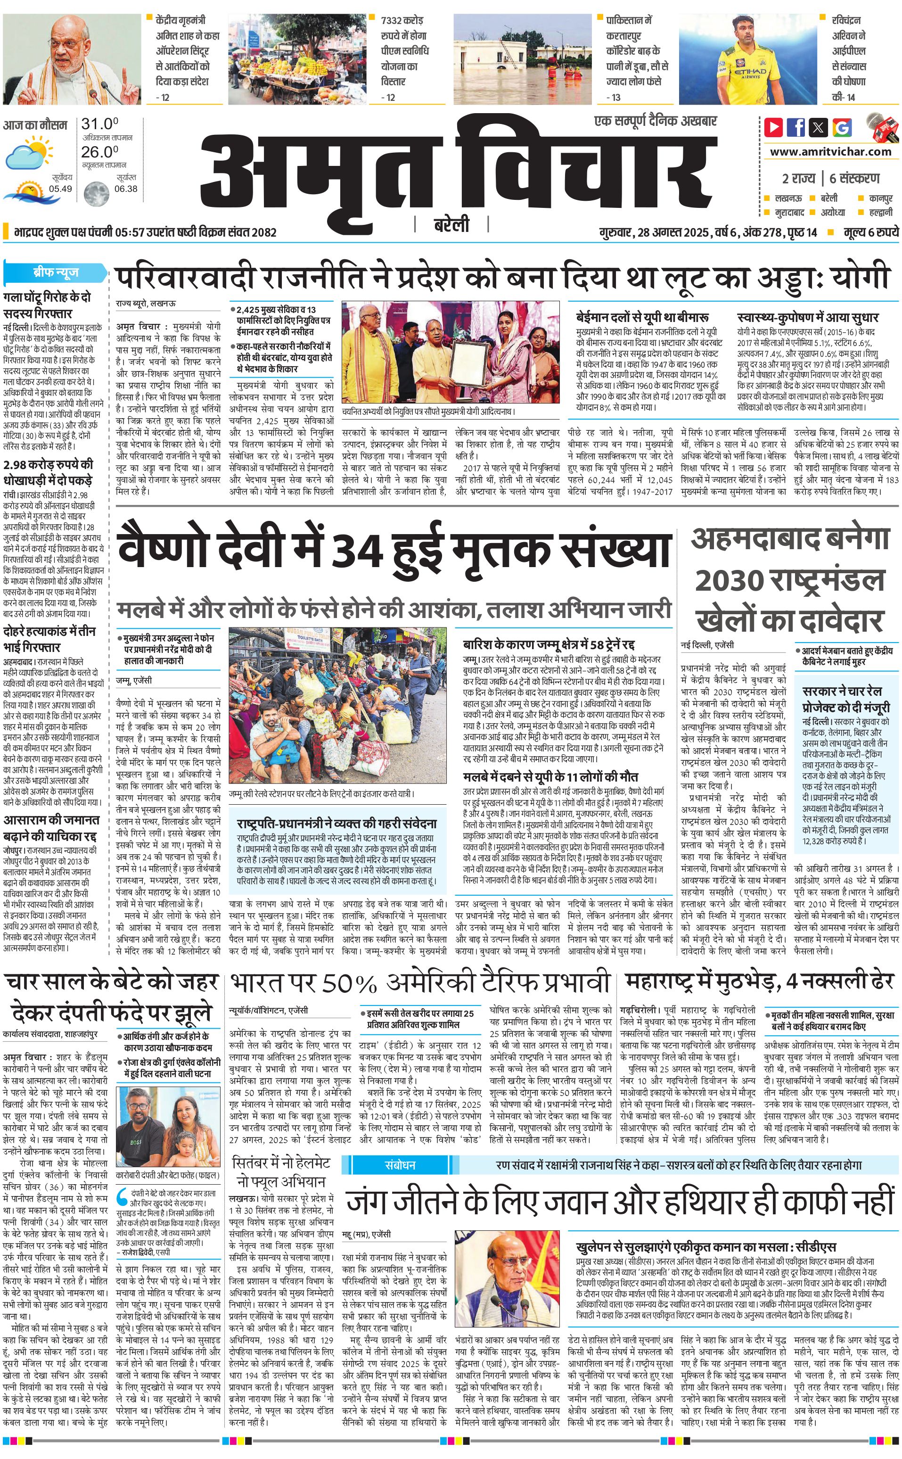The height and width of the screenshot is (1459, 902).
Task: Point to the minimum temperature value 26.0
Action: point(99,152)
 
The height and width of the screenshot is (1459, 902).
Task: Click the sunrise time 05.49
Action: point(60,189)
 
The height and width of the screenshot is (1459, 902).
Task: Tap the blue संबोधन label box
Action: point(400,1164)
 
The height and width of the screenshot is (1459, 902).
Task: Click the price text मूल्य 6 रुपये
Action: point(870,232)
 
